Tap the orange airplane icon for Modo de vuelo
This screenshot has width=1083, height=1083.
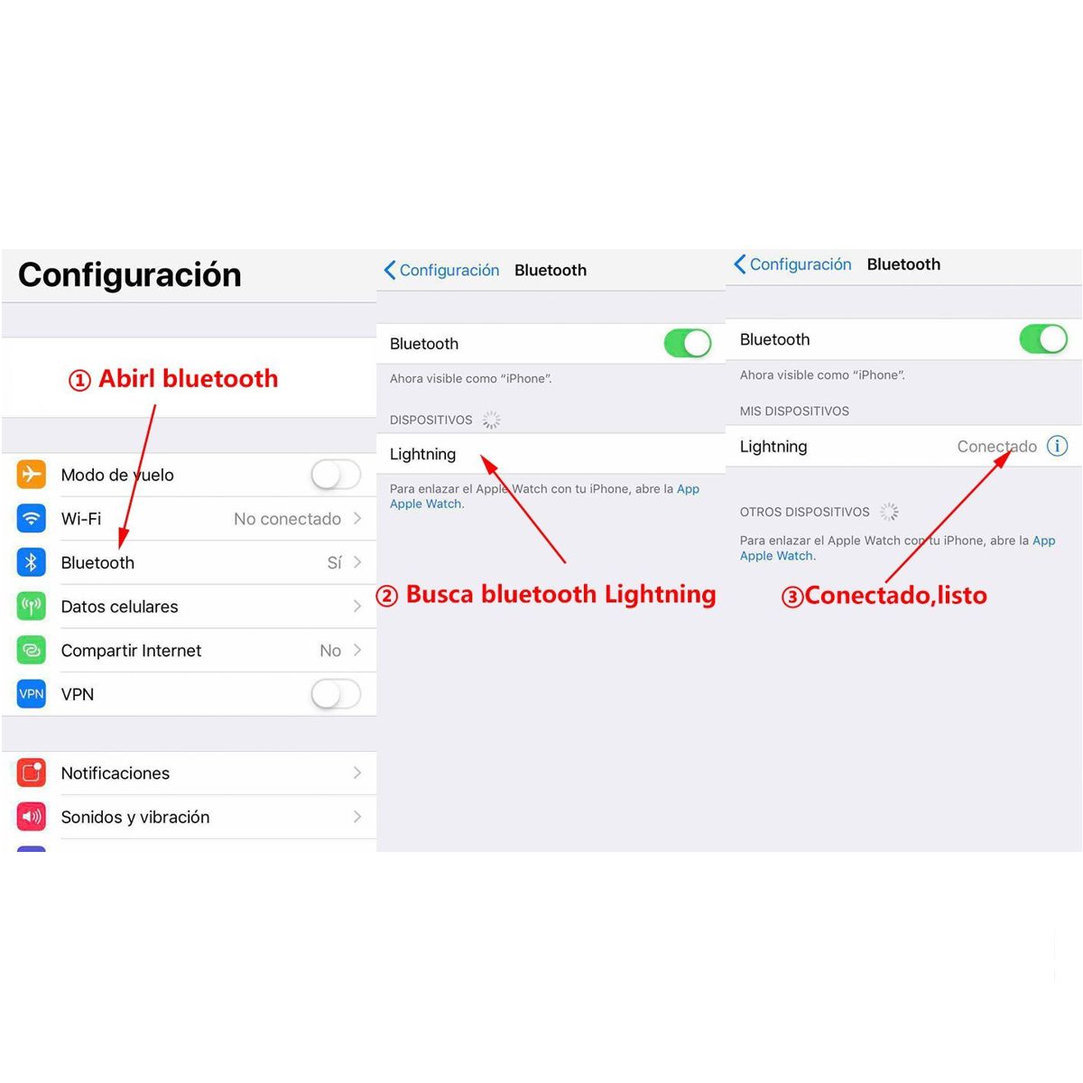[32, 474]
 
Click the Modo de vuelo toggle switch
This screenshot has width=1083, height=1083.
[336, 474]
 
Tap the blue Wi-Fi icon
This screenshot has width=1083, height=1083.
[32, 518]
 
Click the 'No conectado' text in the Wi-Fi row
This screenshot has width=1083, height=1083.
[287, 519]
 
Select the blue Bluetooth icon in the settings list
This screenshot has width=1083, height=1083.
[32, 562]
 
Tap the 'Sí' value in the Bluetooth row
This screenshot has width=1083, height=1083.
[334, 562]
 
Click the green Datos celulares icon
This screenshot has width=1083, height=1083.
[32, 606]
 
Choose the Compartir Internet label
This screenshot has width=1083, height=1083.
[131, 651]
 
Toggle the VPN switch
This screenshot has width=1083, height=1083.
[336, 694]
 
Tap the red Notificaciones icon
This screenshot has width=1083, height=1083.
[32, 773]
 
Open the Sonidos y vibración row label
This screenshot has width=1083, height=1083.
[135, 817]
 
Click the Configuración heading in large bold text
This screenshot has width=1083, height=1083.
[130, 274]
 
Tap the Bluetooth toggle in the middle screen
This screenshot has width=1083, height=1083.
[688, 343]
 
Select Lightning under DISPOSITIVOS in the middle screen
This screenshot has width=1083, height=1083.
[422, 454]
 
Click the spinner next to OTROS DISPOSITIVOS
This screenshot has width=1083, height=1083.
[889, 512]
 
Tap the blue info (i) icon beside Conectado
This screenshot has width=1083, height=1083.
[1057, 446]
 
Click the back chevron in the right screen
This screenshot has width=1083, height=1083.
[740, 264]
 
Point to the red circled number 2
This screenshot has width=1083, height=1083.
[387, 596]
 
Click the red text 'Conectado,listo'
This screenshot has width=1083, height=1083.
[895, 596]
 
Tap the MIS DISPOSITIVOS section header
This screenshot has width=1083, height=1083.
[794, 411]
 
